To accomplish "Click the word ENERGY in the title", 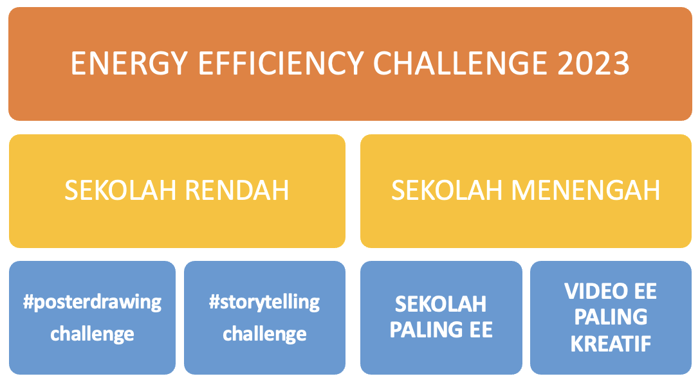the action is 129,64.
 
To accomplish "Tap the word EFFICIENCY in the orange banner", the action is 281,63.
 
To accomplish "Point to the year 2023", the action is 593,63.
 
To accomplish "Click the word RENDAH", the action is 237,190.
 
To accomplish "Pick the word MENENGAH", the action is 585,190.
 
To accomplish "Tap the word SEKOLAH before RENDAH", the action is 120,190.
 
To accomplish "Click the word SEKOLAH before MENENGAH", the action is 447,190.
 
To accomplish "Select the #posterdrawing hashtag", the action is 93,303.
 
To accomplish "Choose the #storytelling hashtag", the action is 264,303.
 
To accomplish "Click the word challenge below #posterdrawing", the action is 92,334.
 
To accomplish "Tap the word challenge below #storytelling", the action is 264,334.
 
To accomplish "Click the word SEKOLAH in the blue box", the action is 441,305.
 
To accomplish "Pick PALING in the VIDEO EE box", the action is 611,317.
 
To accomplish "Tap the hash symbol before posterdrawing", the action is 28,302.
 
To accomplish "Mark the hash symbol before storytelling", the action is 214,302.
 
